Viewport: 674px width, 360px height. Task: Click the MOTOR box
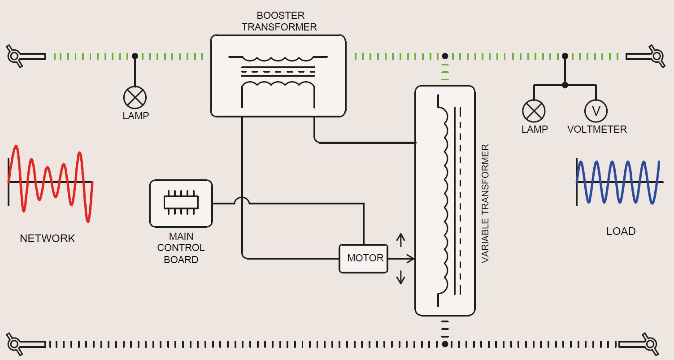(x=363, y=258)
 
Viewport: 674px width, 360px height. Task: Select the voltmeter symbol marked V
(x=596, y=111)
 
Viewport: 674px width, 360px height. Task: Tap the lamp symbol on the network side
(x=135, y=97)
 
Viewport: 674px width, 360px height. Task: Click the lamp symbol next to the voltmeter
(x=534, y=111)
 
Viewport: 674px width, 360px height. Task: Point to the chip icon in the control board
(x=181, y=203)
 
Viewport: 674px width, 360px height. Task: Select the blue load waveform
(x=618, y=182)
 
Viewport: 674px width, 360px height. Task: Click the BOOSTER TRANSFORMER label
(x=279, y=22)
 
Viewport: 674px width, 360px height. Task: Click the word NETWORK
(x=47, y=239)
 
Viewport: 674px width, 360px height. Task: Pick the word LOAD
(x=621, y=231)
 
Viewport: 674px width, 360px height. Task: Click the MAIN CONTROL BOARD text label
(x=181, y=248)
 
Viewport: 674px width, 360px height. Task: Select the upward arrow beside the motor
(x=400, y=240)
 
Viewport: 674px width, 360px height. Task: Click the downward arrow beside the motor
(x=400, y=278)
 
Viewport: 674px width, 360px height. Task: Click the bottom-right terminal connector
(x=656, y=344)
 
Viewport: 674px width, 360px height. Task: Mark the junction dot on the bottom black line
(x=444, y=344)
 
